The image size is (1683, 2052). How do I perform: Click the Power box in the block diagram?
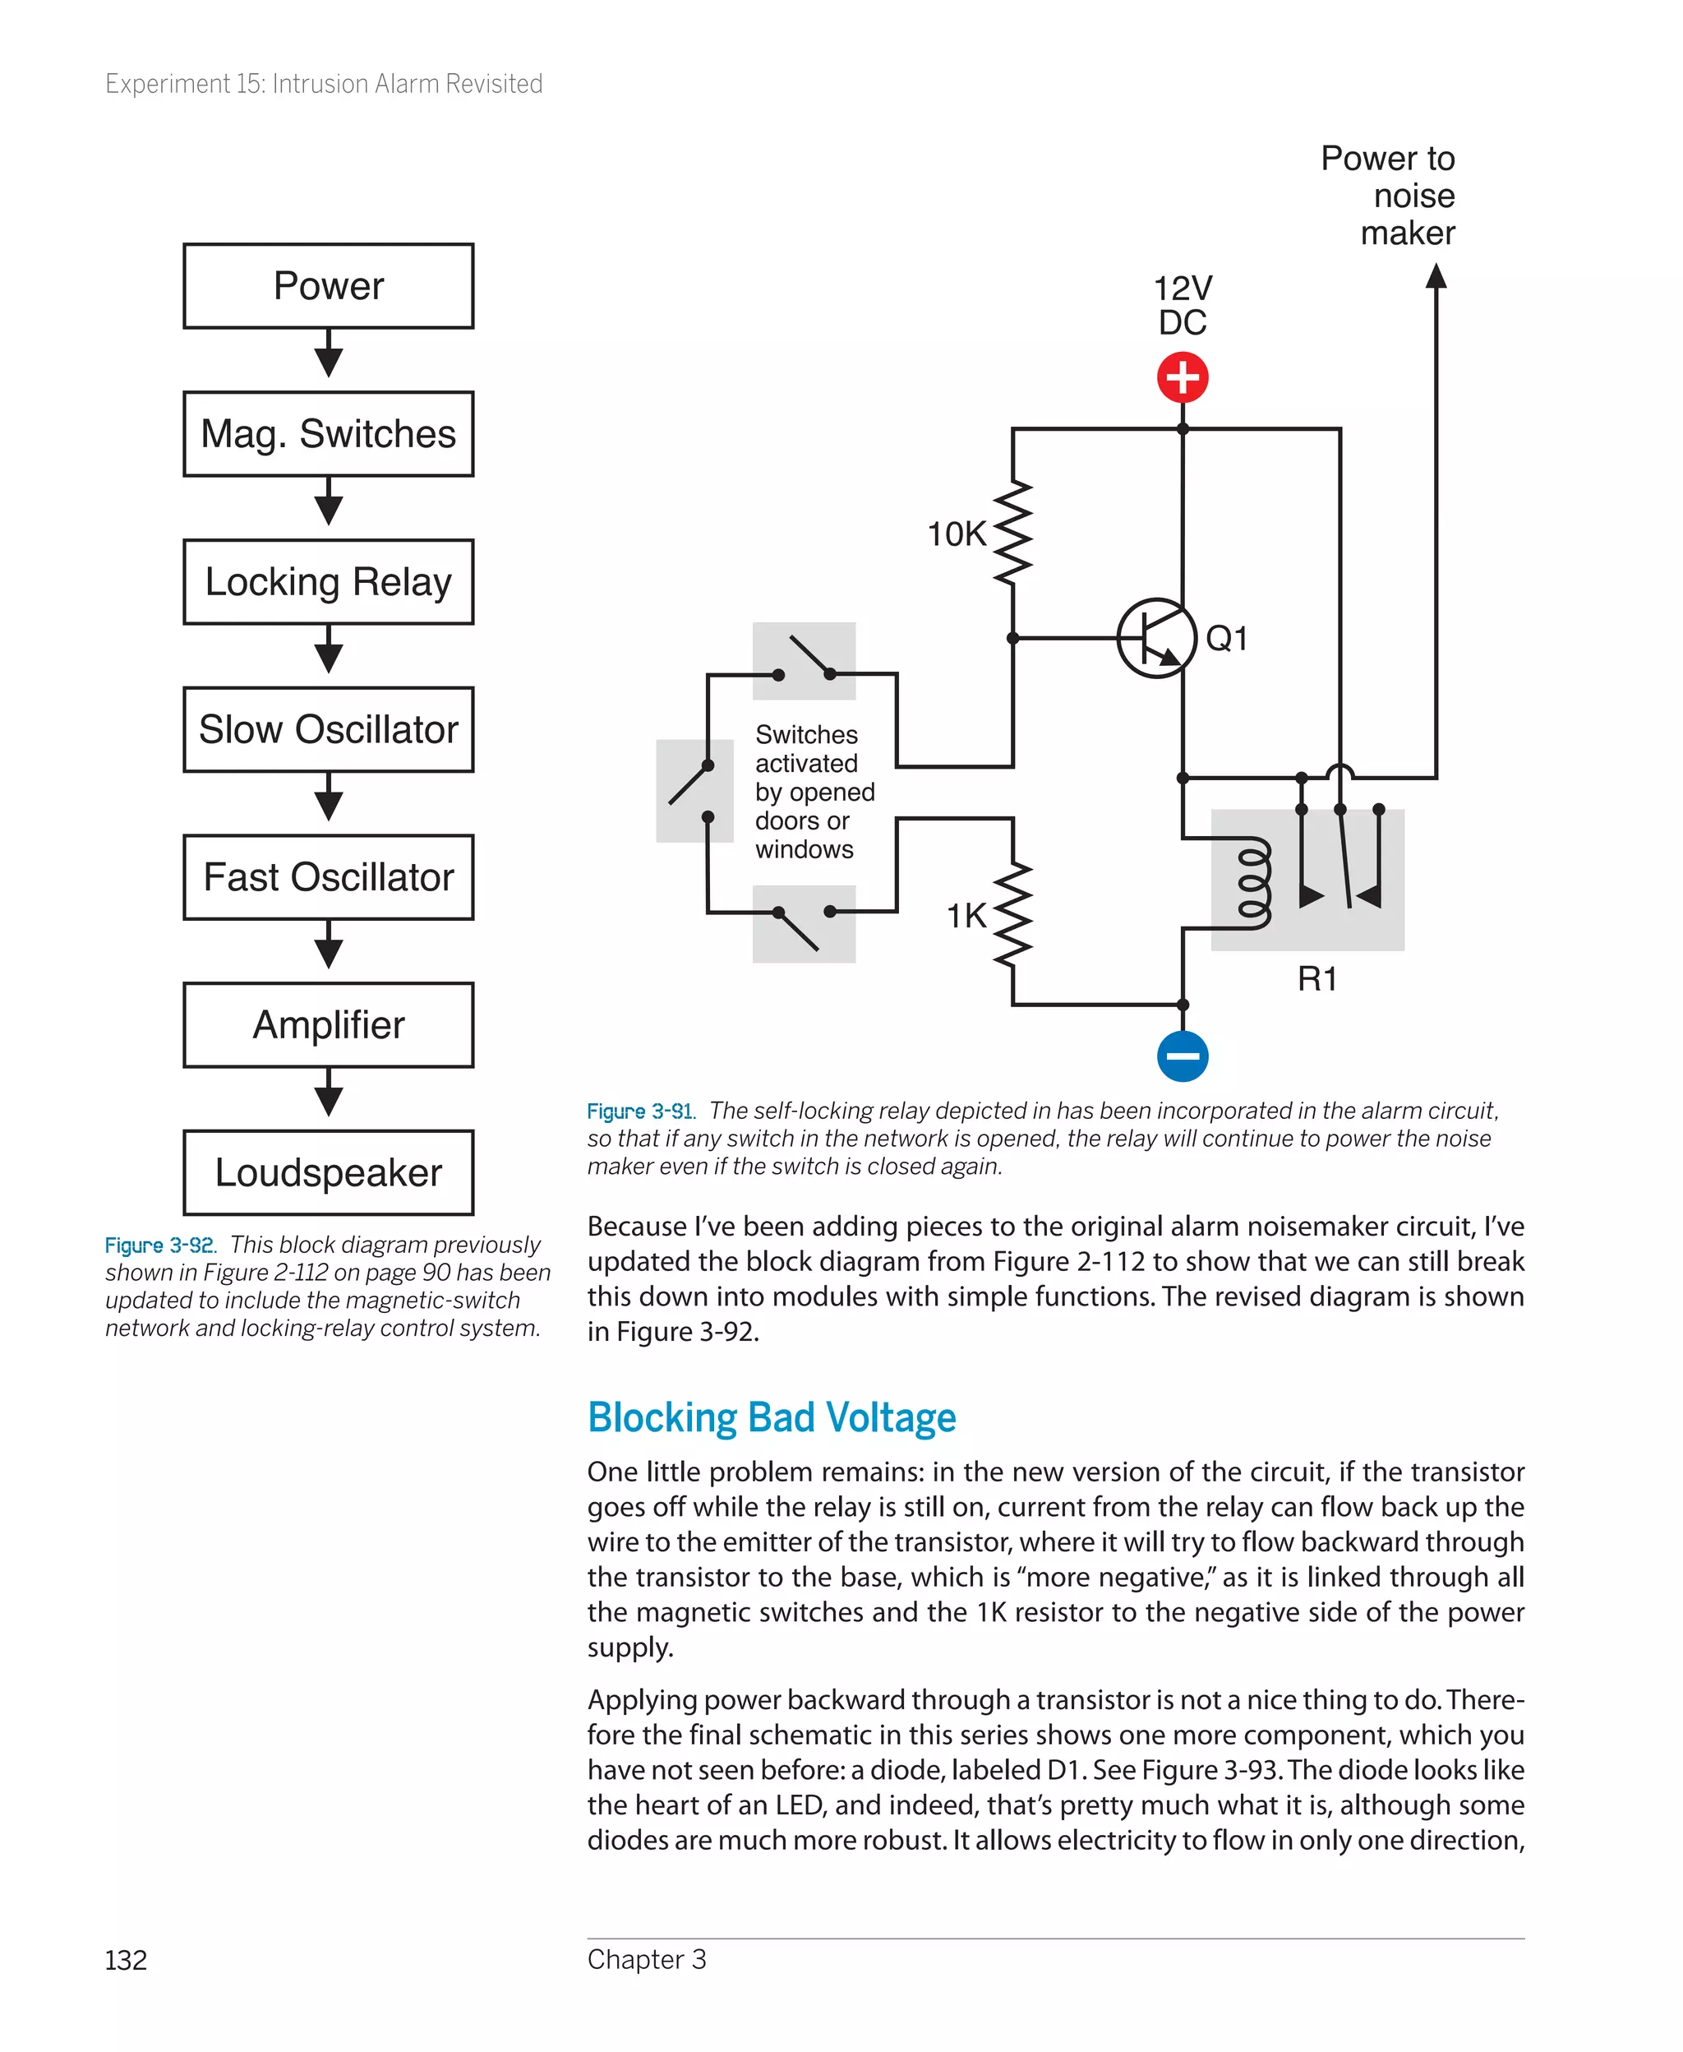pyautogui.click(x=328, y=286)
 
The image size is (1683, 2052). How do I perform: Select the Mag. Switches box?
pyautogui.click(x=328, y=433)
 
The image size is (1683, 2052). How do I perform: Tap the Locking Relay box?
pyautogui.click(x=328, y=582)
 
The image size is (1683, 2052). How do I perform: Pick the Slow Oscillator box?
pyautogui.click(x=328, y=729)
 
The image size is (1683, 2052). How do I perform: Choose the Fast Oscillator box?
pyautogui.click(x=328, y=876)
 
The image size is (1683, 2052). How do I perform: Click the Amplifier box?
pyautogui.click(x=328, y=1025)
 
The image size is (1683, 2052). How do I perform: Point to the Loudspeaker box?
pyautogui.click(x=328, y=1172)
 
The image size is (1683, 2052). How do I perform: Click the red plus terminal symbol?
pyautogui.click(x=1182, y=377)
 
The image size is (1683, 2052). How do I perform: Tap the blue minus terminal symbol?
pyautogui.click(x=1182, y=1056)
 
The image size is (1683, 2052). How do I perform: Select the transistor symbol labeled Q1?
pyautogui.click(x=1155, y=638)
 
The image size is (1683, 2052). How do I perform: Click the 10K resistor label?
pyautogui.click(x=956, y=534)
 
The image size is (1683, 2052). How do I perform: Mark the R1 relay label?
pyautogui.click(x=1316, y=979)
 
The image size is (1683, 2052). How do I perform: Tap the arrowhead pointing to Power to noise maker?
pyautogui.click(x=1436, y=277)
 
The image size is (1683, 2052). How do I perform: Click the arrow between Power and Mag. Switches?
pyautogui.click(x=329, y=355)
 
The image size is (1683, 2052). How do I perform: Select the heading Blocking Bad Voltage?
pyautogui.click(x=772, y=1418)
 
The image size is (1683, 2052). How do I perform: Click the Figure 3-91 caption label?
pyautogui.click(x=641, y=1111)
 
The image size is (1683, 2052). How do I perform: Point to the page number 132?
pyautogui.click(x=126, y=1960)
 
